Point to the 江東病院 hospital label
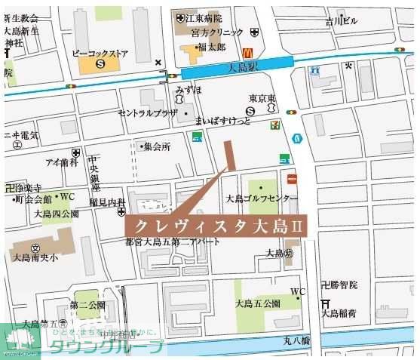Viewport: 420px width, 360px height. [203, 18]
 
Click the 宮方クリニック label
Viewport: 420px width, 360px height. [217, 32]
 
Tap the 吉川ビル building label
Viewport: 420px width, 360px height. [341, 21]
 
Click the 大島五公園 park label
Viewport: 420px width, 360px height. [257, 304]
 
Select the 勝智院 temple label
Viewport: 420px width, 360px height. [342, 285]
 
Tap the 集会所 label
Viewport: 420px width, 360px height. [158, 146]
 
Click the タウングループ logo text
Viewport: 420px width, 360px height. [106, 347]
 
